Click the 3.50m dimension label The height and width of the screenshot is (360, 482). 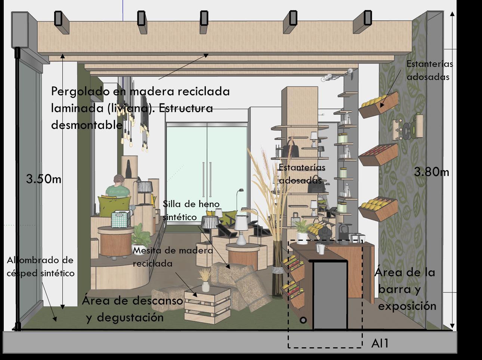tap(43, 179)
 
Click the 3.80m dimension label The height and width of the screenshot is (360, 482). tap(431, 172)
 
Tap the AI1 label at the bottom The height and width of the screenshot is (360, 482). tap(380, 343)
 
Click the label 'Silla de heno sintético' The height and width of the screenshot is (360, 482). tap(191, 210)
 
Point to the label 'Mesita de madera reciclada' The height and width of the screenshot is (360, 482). tap(173, 256)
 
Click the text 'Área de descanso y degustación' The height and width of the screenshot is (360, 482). tap(132, 309)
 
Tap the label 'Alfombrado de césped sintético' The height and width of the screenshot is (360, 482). tap(40, 267)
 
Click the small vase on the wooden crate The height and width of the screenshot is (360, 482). tap(205, 286)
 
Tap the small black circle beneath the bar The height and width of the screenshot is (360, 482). tap(303, 320)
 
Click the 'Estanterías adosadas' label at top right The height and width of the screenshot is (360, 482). tap(429, 70)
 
